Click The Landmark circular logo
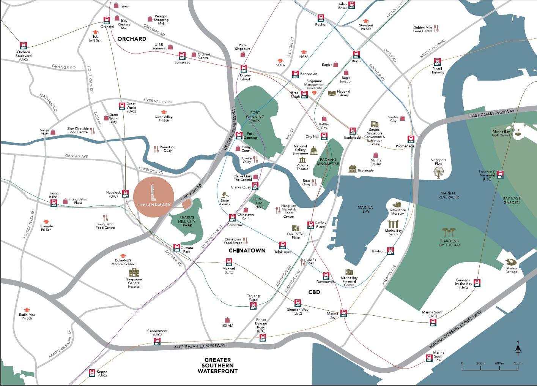pyautogui.click(x=154, y=196)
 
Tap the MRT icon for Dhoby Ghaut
pyautogui.click(x=244, y=69)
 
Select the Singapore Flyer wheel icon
pyautogui.click(x=439, y=172)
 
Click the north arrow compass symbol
pyautogui.click(x=518, y=348)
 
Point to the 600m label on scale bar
pyautogui.click(x=518, y=364)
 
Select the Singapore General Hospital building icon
pyautogui.click(x=134, y=272)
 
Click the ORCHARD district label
pyautogui.click(x=132, y=39)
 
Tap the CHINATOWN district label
pyautogui.click(x=247, y=251)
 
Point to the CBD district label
pyautogui.click(x=314, y=292)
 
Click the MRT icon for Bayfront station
pyautogui.click(x=390, y=251)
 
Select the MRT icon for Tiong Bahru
pyautogui.click(x=54, y=203)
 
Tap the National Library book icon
pyautogui.click(x=332, y=93)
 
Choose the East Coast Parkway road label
pyautogui.click(x=492, y=113)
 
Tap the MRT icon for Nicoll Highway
pyautogui.click(x=438, y=62)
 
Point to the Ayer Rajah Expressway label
pyautogui.click(x=199, y=346)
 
